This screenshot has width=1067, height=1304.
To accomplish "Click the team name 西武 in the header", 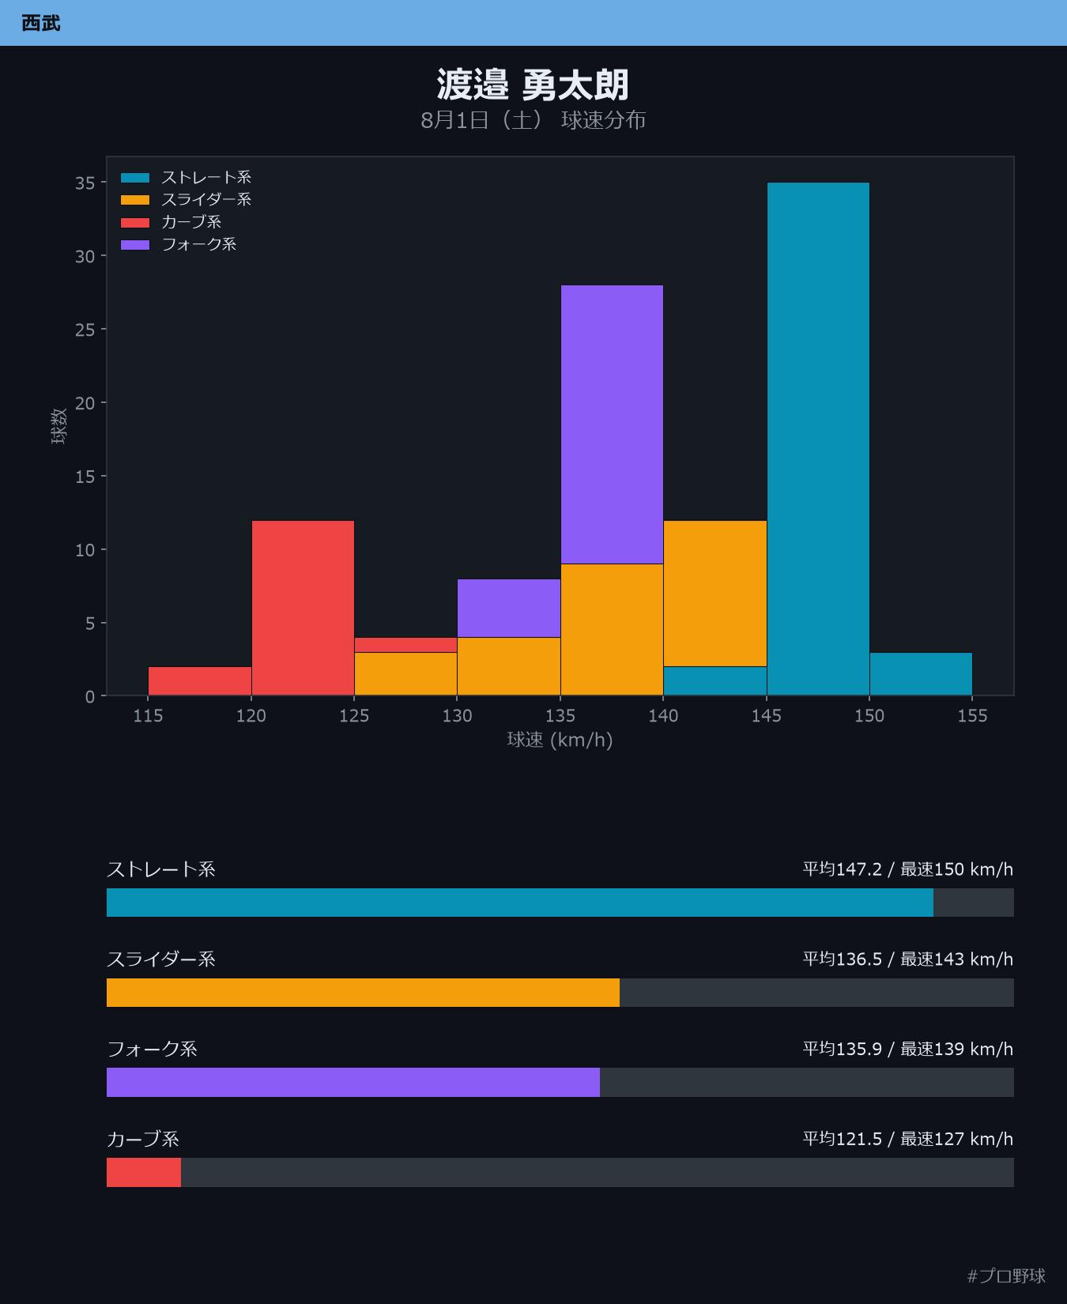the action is [x=40, y=23].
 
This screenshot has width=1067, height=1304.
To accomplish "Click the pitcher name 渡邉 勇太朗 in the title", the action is [x=533, y=85].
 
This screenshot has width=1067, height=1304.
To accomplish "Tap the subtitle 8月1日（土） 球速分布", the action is [x=533, y=120].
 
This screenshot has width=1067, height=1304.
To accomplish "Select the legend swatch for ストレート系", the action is [x=135, y=178].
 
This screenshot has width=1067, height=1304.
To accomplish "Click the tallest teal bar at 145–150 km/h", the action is [x=818, y=439].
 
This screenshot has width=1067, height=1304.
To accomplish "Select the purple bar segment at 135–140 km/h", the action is [x=612, y=424].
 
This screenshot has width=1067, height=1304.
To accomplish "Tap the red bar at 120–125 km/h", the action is [x=303, y=609].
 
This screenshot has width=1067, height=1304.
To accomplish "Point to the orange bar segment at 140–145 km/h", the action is [x=715, y=594].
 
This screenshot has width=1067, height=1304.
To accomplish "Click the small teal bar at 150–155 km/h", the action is [x=921, y=674].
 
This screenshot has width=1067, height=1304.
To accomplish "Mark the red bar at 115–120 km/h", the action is [x=200, y=681].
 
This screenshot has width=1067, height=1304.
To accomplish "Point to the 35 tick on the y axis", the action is [x=85, y=183].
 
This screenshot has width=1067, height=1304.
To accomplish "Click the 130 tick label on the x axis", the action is [x=457, y=716].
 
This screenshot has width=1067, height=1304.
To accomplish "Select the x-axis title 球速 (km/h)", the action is [x=560, y=740].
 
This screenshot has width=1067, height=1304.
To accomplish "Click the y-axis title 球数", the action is [x=58, y=427].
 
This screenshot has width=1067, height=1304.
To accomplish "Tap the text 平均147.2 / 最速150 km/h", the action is [x=907, y=869].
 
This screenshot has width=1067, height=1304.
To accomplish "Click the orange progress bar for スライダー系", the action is [x=363, y=993].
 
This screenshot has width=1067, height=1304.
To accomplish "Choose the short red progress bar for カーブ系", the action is [x=144, y=1173].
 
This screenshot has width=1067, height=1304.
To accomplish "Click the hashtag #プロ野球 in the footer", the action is [x=1006, y=1276].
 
